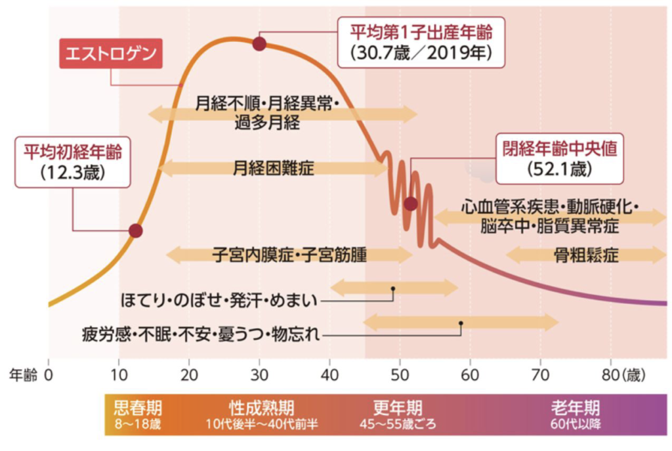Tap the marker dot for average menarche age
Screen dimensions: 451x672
(x=136, y=230)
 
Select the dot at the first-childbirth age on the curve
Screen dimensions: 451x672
(x=259, y=44)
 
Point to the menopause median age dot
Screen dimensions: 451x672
(x=411, y=204)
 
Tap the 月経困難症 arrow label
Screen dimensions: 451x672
(x=274, y=168)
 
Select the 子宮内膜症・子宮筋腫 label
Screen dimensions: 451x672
(x=289, y=255)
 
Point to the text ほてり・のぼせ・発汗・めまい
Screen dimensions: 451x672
(x=220, y=301)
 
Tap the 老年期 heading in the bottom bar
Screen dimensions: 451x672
(x=575, y=407)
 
